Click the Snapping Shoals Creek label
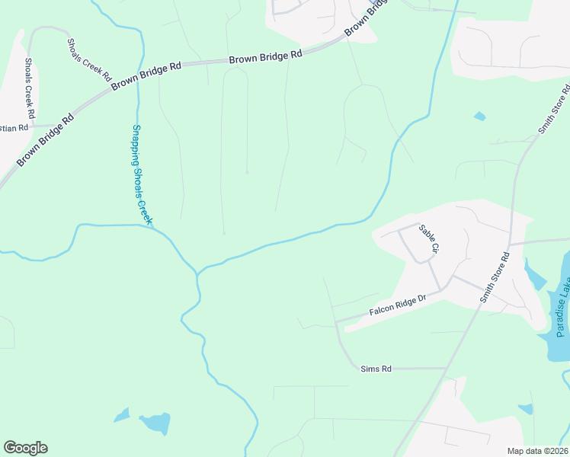click(142, 174)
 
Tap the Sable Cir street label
click(429, 238)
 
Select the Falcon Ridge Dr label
click(395, 307)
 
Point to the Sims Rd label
click(376, 369)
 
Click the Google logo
click(25, 448)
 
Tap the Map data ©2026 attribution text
click(536, 451)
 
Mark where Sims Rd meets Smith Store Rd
click(447, 369)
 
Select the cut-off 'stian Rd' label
click(15, 127)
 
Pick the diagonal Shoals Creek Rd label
click(89, 60)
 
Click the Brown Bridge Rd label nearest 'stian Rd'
click(46, 139)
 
